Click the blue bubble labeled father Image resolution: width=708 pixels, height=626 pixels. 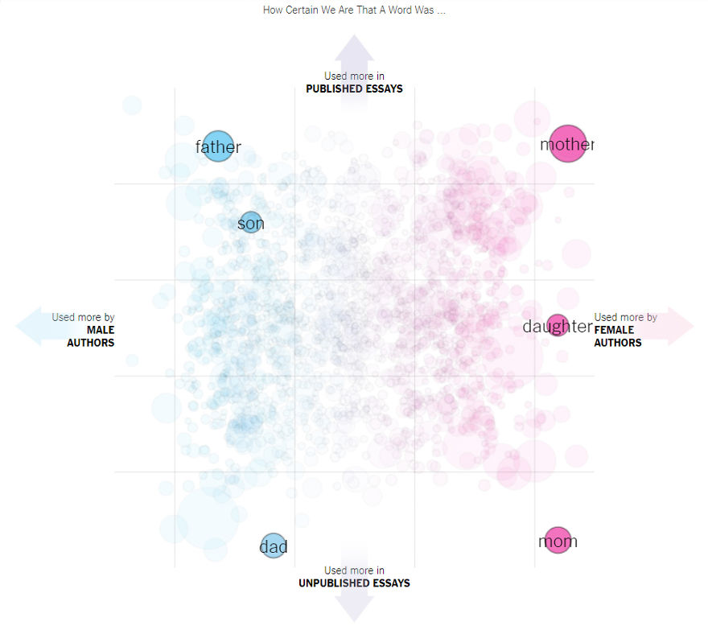pyautogui.click(x=217, y=146)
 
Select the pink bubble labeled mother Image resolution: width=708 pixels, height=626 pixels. pyautogui.click(x=568, y=144)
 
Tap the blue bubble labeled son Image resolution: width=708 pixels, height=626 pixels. pyautogui.click(x=251, y=223)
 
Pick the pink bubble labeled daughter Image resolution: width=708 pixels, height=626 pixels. pyautogui.click(x=557, y=325)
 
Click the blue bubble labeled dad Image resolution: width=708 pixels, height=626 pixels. pyautogui.click(x=274, y=546)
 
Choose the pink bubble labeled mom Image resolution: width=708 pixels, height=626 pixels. pyautogui.click(x=557, y=540)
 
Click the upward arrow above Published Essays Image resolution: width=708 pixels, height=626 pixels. pyautogui.click(x=354, y=51)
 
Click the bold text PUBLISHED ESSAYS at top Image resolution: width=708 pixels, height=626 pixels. pyautogui.click(x=354, y=89)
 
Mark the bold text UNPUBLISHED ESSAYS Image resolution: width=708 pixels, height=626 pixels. pyautogui.click(x=354, y=583)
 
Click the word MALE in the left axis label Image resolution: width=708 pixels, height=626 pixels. pyautogui.click(x=101, y=330)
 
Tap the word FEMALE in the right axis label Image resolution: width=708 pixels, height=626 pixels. pyautogui.click(x=614, y=330)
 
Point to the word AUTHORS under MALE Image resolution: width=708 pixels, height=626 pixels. pyautogui.click(x=90, y=343)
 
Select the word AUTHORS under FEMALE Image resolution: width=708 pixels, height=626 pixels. pyautogui.click(x=618, y=343)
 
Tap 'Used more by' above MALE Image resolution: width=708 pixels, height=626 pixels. pyautogui.click(x=83, y=317)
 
